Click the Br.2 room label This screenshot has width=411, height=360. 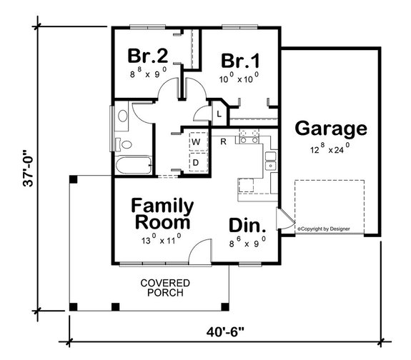point(148,56)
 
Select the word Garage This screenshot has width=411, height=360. point(331,129)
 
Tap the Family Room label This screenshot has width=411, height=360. point(162,214)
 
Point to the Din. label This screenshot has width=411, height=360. point(247,226)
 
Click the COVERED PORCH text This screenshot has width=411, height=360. point(165,287)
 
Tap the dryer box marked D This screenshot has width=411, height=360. point(194,163)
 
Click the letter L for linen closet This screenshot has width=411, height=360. point(218,113)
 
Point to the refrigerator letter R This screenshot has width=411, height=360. point(223,141)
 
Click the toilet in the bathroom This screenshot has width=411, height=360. point(122,115)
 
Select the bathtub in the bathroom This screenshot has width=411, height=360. point(131,165)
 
